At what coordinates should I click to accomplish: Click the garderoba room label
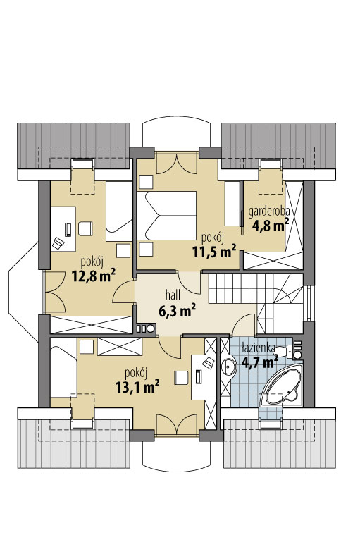[x=268, y=212]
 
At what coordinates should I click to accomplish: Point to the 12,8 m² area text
[x=94, y=275]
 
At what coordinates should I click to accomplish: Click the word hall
[x=173, y=295]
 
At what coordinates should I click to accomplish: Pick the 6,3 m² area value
[x=177, y=310]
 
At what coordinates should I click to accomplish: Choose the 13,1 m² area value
[x=137, y=386]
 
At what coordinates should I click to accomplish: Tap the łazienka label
[x=259, y=348]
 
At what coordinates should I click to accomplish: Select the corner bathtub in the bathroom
[x=282, y=386]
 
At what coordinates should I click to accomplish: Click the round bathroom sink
[x=228, y=367]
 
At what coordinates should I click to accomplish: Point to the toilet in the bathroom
[x=291, y=351]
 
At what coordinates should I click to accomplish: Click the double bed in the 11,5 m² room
[x=166, y=216]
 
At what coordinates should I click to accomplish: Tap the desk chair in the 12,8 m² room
[x=85, y=228]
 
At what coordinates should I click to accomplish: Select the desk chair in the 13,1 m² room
[x=181, y=377]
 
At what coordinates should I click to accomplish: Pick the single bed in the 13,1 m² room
[x=63, y=368]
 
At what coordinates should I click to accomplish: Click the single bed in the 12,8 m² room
[x=119, y=211]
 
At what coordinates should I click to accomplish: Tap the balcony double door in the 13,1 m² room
[x=177, y=424]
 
